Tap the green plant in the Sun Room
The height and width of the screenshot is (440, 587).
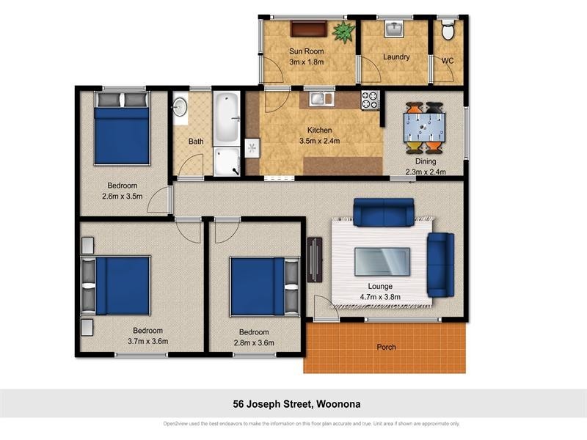click(343, 32)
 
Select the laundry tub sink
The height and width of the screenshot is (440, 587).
click(394, 29)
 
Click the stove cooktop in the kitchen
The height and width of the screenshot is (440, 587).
click(371, 100)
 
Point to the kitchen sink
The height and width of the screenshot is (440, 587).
click(321, 99)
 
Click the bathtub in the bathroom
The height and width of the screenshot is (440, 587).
click(227, 118)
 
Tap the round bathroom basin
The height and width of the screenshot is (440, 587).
click(180, 107)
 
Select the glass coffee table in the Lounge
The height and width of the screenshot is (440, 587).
click(382, 262)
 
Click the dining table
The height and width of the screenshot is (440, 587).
click(425, 127)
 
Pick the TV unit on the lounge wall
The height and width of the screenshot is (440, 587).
click(315, 260)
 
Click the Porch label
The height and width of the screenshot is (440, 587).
click(387, 347)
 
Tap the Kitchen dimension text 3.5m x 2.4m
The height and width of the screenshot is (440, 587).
click(320, 141)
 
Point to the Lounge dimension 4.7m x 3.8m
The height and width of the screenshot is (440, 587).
click(380, 297)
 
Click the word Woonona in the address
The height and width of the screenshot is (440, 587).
click(338, 404)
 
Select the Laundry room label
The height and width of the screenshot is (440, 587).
click(396, 57)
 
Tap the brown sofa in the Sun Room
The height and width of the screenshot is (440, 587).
click(309, 29)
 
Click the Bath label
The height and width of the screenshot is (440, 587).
click(196, 142)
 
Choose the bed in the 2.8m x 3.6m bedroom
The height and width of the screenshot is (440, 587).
click(265, 287)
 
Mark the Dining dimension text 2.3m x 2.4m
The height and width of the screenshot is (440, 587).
click(426, 172)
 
